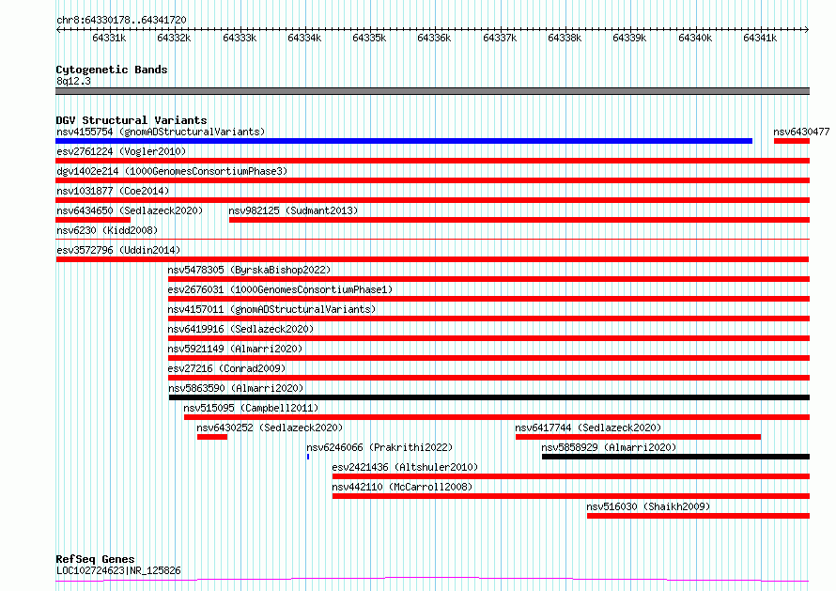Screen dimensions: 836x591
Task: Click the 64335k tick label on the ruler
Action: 369,38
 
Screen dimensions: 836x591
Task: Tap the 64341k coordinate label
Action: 760,38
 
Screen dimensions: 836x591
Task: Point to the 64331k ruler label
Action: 109,38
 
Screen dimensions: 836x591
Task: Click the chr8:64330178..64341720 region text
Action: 121,21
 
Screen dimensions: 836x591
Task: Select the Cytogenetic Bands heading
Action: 112,70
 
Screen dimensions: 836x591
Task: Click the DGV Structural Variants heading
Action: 132,120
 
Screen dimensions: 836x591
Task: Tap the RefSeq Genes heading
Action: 95,559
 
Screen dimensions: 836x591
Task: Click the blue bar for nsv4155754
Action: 404,141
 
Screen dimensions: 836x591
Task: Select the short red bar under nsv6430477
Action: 792,141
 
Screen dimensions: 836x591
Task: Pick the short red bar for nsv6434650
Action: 93,220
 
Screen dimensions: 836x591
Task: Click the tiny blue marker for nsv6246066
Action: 308,457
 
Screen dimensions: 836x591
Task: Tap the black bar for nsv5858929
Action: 675,457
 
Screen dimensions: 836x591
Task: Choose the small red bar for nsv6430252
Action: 212,437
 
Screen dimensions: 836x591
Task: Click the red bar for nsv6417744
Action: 638,437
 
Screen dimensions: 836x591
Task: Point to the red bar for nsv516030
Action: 699,516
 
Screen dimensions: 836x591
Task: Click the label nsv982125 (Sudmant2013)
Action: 293,210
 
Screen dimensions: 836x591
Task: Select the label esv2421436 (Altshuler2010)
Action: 405,467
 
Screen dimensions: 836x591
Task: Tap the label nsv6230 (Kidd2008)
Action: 107,230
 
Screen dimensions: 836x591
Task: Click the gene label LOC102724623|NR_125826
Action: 118,570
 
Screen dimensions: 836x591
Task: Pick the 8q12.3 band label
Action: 73,81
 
